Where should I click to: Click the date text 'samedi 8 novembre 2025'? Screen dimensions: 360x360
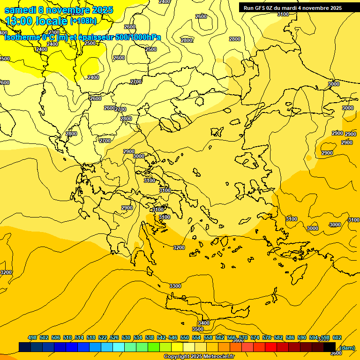pos(59,10)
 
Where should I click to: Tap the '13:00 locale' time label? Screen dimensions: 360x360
pos(37,21)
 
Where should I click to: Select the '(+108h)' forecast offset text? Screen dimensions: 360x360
pos(83,21)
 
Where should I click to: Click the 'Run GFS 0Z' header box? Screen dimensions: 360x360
pos(292,8)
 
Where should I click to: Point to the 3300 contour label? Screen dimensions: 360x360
pos(175,286)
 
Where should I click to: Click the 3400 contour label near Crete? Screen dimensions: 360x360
pos(203,323)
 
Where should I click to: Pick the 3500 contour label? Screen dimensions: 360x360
pos(198,330)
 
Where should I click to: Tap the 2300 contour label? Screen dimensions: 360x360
pos(54,33)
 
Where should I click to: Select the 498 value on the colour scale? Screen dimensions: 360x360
pos(32,337)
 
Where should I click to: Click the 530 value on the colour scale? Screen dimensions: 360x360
pos(126,337)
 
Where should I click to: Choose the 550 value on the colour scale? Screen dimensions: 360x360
pos(185,337)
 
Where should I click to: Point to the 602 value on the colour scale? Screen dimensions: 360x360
pos(337,337)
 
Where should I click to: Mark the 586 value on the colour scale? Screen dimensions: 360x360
pos(290,337)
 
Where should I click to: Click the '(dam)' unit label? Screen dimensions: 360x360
pos(347,347)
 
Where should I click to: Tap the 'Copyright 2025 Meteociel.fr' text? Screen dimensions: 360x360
pos(199,357)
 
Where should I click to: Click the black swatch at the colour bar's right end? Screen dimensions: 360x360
pos(330,346)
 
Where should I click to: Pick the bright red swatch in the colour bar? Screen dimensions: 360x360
pos(271,346)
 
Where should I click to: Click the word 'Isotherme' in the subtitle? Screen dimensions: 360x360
pos(22,37)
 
